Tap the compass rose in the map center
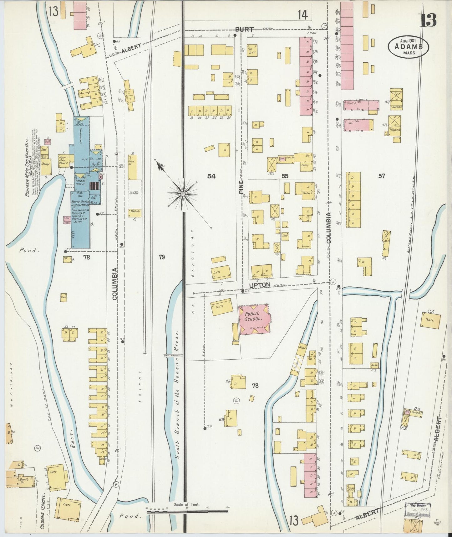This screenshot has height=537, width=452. [182, 194]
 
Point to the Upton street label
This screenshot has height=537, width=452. [259, 285]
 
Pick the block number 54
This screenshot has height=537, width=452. [211, 176]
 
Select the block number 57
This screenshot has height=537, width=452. [381, 176]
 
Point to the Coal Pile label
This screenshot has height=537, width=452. [134, 193]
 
